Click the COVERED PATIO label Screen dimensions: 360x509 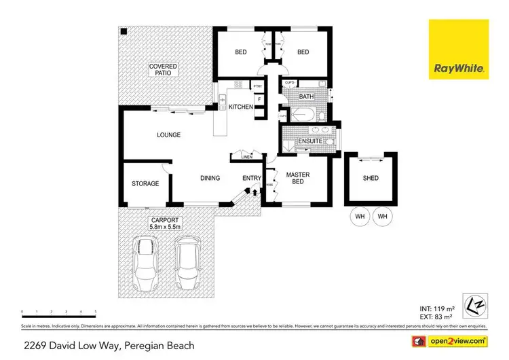164,69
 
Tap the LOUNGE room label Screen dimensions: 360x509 168,135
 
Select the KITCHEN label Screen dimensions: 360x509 240,107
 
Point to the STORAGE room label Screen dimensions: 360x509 145,183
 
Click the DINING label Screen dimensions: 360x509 210,179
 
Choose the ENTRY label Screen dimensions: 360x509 252,179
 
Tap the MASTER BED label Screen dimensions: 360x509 298,179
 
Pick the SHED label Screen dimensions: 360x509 371,179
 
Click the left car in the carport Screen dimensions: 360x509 145,265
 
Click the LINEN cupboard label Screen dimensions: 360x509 246,158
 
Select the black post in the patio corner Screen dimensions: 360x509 124,32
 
